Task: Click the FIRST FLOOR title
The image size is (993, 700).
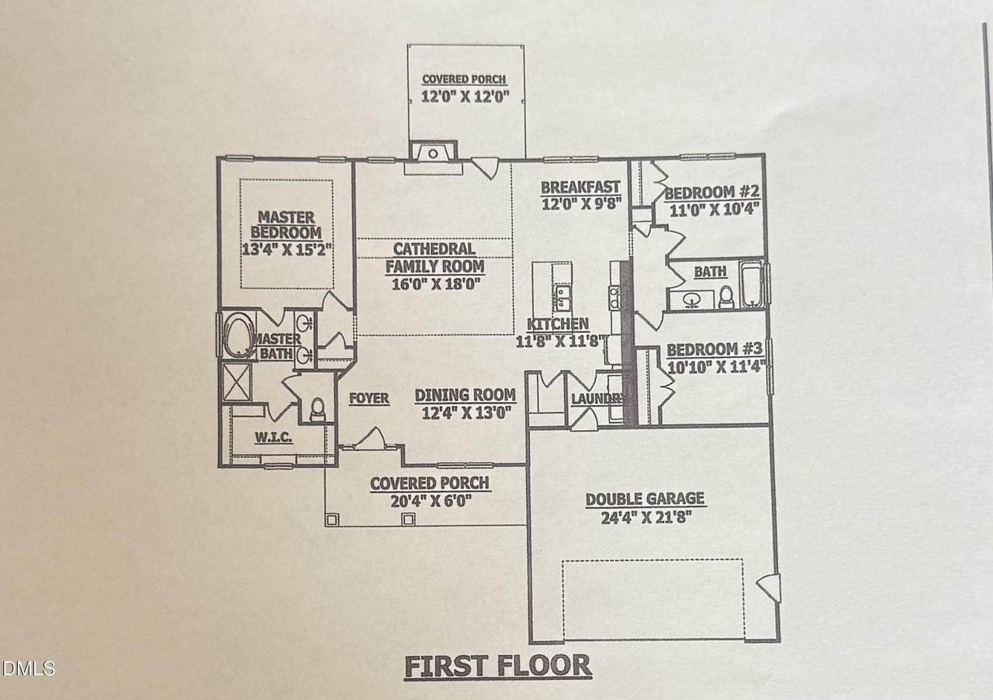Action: [x=498, y=667]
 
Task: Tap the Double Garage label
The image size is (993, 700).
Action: [x=645, y=499]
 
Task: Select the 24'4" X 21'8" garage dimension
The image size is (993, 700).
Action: [x=646, y=517]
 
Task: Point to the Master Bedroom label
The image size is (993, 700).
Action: [x=286, y=225]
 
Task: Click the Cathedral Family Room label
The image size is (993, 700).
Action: [x=434, y=258]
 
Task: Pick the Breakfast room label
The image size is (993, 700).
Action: [x=580, y=187]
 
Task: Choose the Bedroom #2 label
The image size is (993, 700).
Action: [x=712, y=192]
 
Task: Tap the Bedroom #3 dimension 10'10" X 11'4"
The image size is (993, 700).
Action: [x=716, y=367]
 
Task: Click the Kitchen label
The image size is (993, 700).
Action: [x=558, y=324]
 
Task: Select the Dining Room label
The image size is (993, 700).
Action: [x=465, y=395]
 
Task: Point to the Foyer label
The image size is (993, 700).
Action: [x=368, y=399]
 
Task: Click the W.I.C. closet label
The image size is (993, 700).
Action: [x=274, y=438]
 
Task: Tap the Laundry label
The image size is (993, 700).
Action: [x=597, y=399]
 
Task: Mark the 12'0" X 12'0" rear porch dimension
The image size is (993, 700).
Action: [x=465, y=96]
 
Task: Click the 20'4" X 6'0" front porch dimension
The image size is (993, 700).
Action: [x=430, y=501]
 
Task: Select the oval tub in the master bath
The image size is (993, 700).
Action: [x=237, y=334]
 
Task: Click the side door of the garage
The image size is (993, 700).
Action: [x=769, y=587]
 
